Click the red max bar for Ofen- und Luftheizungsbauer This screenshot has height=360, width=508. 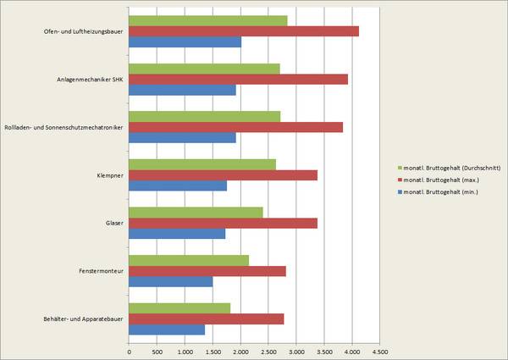click(244, 31)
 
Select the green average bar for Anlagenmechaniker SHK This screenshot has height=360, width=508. click(204, 69)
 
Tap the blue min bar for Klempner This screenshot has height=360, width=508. click(178, 186)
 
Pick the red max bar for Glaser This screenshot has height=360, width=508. click(224, 223)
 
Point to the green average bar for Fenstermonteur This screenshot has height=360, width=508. click(189, 260)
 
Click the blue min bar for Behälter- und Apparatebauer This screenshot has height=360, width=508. click(167, 330)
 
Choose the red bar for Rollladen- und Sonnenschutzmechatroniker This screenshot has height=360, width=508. click(236, 127)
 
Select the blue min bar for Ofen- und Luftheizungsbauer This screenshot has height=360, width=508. click(185, 42)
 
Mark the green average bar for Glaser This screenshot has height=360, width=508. click(196, 212)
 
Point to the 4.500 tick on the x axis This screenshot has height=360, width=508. click(379, 349)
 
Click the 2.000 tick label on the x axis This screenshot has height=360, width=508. click(240, 349)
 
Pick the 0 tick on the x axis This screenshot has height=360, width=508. click(129, 349)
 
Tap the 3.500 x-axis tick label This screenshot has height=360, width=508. click(323, 349)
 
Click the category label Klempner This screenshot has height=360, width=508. click(110, 175)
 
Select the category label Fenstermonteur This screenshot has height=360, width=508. click(99, 271)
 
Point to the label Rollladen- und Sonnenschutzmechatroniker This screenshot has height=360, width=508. click(64, 127)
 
